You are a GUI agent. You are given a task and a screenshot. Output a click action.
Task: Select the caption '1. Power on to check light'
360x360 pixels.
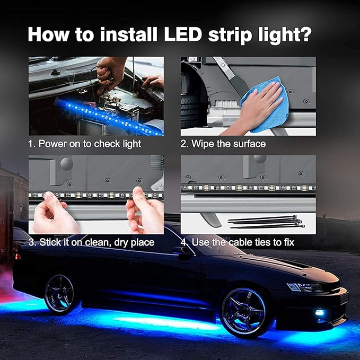point(85,144)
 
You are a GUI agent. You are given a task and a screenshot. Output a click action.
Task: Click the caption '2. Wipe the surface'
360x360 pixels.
point(223,144)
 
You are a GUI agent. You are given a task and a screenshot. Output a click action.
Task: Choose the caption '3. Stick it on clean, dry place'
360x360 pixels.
point(91,242)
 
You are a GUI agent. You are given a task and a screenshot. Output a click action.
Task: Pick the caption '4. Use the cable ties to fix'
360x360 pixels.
point(237,242)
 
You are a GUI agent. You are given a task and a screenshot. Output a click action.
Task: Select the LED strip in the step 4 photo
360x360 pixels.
point(248,188)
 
